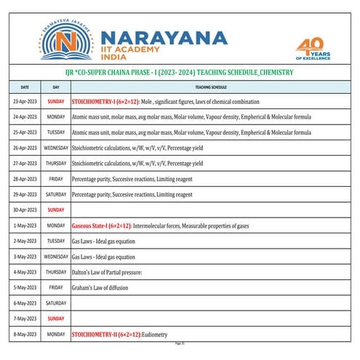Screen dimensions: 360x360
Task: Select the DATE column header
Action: (25, 86)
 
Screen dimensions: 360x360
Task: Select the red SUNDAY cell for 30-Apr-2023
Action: (56, 210)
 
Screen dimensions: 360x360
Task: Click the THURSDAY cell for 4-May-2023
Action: (56, 273)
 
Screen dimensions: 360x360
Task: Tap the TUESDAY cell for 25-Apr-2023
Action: (56, 132)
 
